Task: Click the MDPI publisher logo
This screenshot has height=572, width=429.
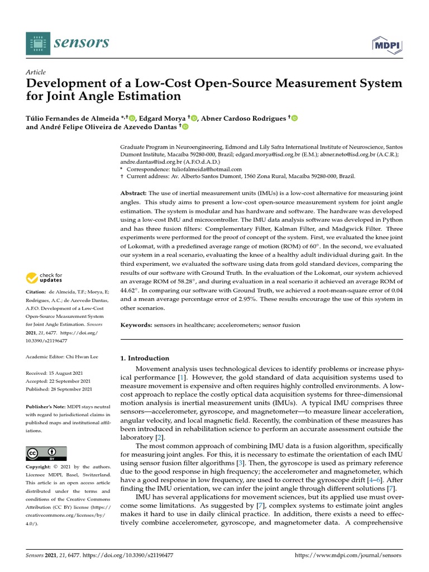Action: coord(388,43)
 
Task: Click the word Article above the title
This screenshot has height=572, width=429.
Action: coord(36,73)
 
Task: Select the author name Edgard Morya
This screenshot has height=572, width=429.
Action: coord(164,118)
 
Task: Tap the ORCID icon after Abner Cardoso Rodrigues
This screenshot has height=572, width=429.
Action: coord(294,118)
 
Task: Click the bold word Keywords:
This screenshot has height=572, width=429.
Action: coord(136,325)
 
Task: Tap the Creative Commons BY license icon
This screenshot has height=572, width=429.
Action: coord(46,454)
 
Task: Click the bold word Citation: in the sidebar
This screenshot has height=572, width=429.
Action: coord(37,292)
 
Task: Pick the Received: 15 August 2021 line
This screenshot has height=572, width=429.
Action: coord(59,373)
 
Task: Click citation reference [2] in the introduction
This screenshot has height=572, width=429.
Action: coord(159,437)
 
